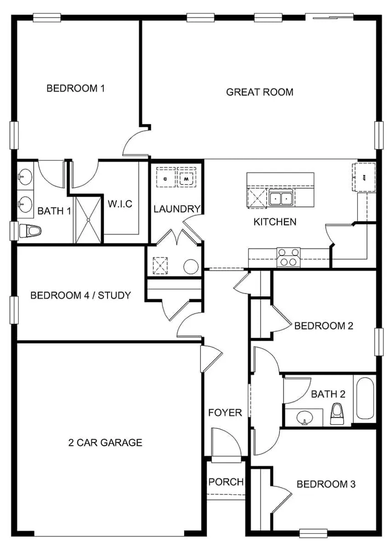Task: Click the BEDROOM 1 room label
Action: point(76,88)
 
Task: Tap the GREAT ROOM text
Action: point(259,92)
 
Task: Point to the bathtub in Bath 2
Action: point(365,398)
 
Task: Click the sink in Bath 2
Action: point(303,417)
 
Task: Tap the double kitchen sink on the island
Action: point(280,198)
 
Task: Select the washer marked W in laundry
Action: point(186,178)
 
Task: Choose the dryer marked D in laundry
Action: point(165,178)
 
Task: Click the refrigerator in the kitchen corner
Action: point(364,177)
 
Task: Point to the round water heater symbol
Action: point(190,267)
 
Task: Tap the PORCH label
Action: point(226,482)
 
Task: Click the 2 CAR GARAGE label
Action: point(105,442)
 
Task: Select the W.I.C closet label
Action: point(120,204)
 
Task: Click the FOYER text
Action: point(225,413)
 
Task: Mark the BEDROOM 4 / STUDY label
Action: point(80,295)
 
